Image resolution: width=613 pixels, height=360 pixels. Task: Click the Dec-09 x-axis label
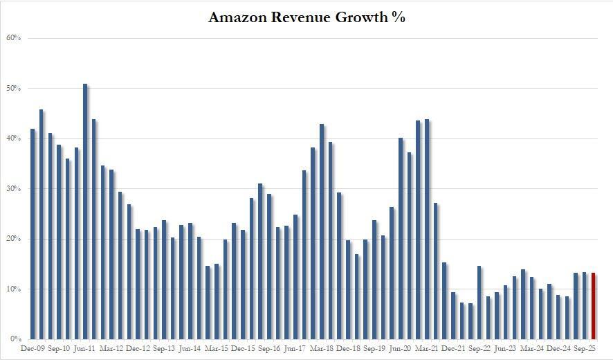tap(33, 349)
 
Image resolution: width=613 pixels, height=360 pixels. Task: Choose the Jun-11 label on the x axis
tap(85, 349)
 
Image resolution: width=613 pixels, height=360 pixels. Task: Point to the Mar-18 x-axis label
tap(322, 349)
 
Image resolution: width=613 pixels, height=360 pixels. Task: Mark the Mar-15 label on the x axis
tap(217, 349)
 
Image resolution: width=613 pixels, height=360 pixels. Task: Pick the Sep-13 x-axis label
tap(164, 349)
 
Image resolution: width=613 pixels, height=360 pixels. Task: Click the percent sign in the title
tap(398, 18)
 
